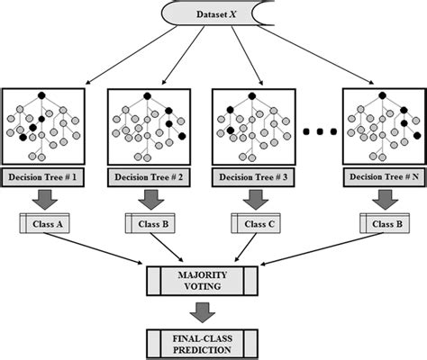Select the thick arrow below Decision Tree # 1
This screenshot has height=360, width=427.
[x=44, y=198]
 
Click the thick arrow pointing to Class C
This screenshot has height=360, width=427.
[x=251, y=198]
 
